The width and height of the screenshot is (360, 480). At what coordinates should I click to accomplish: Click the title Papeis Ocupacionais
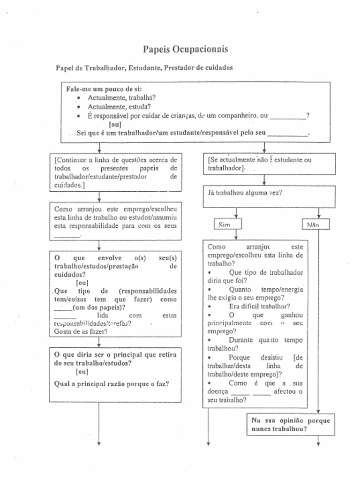point(186,49)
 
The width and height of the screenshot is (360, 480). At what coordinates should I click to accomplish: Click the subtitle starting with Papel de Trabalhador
point(144,68)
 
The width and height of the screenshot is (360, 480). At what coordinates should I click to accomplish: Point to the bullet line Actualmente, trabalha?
point(122,98)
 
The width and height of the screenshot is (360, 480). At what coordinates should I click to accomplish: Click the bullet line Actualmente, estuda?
point(119,107)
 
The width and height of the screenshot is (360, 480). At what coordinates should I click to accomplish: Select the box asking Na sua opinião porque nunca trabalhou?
point(291,424)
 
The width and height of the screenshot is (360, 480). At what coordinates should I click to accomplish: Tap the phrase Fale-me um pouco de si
point(104,89)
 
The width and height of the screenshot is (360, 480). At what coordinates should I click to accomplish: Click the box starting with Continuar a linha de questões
point(116,172)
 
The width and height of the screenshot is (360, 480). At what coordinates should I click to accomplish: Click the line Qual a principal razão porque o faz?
point(112,383)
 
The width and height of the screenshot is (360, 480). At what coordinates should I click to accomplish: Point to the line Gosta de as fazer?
point(81,331)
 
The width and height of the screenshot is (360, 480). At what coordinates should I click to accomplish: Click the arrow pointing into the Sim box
point(236,214)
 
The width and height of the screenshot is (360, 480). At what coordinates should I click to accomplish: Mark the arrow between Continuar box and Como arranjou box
point(99,197)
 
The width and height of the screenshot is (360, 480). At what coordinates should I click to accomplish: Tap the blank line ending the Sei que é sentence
point(288,135)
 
